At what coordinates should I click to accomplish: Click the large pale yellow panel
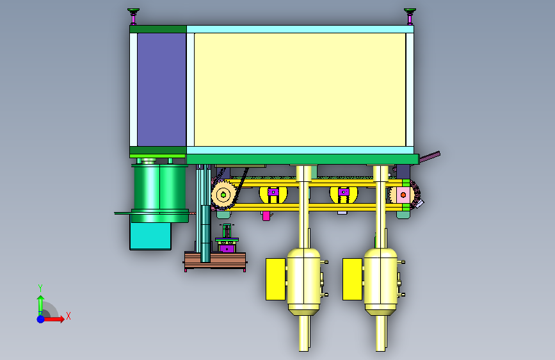pos(300,90)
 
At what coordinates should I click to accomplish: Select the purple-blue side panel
pos(161,90)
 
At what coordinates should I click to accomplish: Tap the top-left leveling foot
pos(133,16)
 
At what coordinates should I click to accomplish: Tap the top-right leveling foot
pos(410,16)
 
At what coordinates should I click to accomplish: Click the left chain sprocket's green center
pos(223,195)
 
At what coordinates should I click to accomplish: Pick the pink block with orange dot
pos(403,195)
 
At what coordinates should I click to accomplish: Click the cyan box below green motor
pos(150,236)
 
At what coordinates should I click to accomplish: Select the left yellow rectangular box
pos(275,279)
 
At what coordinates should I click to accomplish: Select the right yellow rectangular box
pos(353,279)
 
